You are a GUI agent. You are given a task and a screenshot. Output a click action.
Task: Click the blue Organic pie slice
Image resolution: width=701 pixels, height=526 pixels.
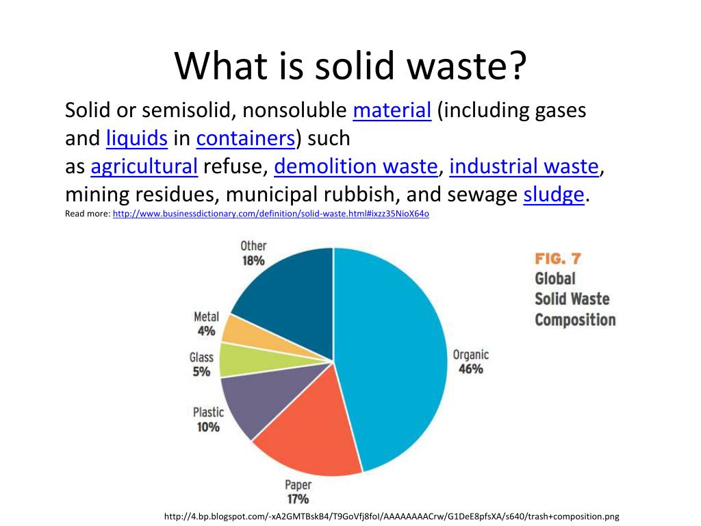[390, 356]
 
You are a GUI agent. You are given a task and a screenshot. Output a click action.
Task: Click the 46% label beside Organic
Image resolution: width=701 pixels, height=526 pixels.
[470, 369]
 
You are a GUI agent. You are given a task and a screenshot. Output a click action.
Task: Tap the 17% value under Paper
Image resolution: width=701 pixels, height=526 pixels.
[297, 499]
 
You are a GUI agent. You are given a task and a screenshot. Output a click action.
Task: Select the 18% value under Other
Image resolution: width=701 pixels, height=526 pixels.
[253, 261]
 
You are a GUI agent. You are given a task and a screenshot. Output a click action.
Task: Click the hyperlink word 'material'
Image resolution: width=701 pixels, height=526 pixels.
[392, 110]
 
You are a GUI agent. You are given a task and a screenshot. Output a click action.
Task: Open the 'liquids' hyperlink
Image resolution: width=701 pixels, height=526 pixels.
[137, 139]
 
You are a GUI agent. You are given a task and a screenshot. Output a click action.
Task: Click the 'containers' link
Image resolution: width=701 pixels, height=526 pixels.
[245, 139]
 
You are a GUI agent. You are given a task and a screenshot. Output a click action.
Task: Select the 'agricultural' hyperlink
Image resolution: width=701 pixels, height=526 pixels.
[144, 166]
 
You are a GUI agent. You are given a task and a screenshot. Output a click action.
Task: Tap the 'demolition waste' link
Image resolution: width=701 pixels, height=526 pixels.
[355, 166]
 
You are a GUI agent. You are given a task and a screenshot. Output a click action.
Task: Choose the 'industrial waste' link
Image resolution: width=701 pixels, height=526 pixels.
[524, 166]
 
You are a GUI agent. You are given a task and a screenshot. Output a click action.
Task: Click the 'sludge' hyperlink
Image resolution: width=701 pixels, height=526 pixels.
[554, 195]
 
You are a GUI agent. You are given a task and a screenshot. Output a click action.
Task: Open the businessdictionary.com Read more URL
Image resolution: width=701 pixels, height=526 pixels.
[270, 214]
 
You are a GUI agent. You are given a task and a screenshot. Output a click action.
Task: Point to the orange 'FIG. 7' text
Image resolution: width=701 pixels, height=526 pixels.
[557, 259]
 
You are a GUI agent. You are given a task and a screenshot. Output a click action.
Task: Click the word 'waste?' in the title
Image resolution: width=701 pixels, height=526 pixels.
[466, 66]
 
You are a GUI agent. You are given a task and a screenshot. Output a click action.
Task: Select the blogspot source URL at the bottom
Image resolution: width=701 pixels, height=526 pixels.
[392, 516]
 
